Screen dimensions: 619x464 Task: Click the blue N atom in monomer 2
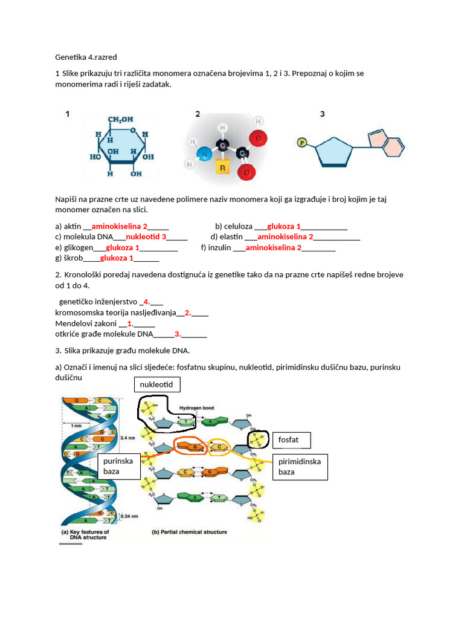205,155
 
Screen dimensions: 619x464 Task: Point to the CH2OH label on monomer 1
121,120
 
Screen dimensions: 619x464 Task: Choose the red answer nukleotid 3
146,237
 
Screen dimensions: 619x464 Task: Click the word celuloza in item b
238,227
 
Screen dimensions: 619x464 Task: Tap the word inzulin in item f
219,247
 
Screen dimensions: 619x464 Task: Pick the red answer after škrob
117,258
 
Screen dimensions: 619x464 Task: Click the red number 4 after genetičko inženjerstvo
146,302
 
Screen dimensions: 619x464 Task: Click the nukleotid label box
156,384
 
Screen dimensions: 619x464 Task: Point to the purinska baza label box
119,465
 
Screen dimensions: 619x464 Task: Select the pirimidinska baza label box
300,467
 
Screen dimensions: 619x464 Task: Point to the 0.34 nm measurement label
130,516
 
